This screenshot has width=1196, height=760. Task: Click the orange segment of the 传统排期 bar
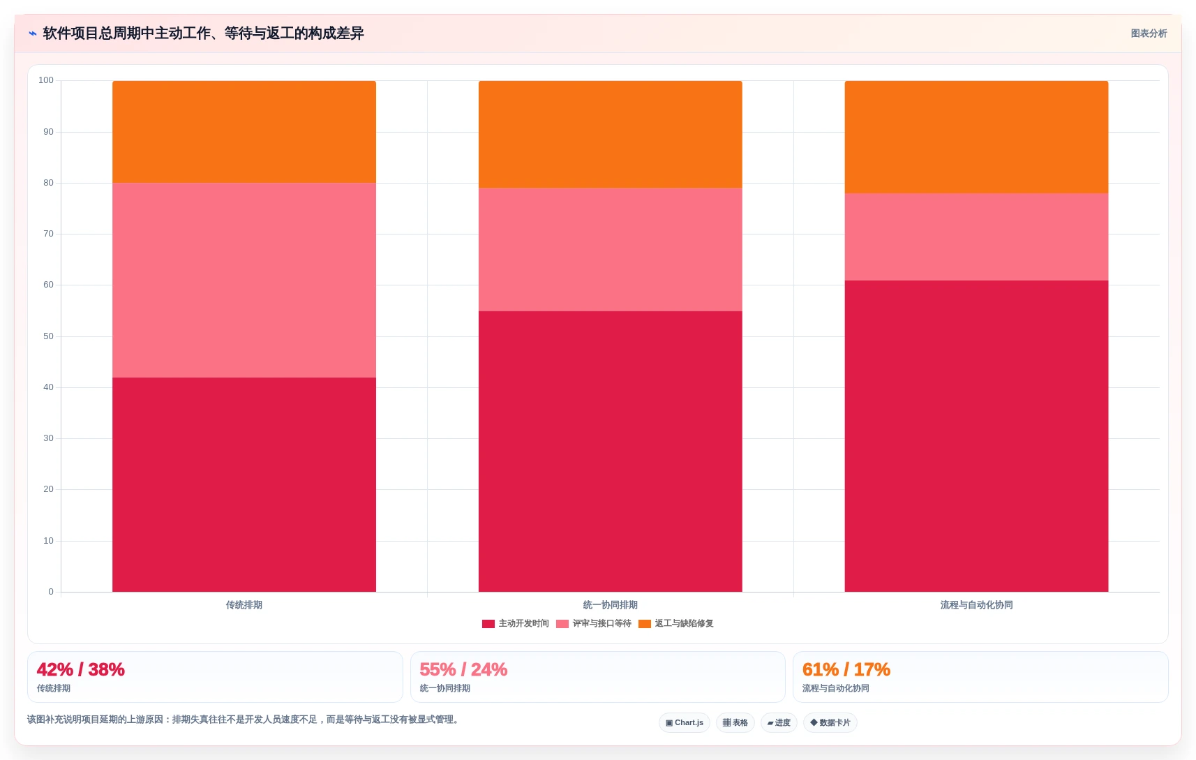coord(244,132)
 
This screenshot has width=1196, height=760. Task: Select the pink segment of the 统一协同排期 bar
coord(611,249)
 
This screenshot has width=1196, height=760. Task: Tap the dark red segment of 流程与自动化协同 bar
coord(977,435)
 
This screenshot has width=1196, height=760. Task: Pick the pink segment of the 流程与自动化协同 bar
coord(977,237)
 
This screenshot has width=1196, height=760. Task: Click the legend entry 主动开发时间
coord(515,623)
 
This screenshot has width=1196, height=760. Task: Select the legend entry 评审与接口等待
coord(594,623)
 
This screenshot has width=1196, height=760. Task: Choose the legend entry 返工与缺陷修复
coord(676,623)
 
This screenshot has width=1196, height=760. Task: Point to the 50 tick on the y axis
coord(49,336)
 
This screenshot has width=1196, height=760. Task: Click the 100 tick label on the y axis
coord(46,80)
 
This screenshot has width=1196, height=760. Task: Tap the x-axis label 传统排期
coord(244,605)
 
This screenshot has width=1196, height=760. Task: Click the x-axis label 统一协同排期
coord(611,605)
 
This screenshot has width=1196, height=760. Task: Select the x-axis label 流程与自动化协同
coord(977,605)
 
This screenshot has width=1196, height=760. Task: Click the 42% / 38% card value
coord(81,669)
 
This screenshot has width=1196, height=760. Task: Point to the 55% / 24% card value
coord(463,669)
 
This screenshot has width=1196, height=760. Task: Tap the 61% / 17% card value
coord(846,669)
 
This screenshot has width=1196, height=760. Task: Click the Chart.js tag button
coord(685,722)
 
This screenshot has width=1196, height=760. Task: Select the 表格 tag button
coord(735,722)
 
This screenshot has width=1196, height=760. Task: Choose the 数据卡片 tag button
coord(830,722)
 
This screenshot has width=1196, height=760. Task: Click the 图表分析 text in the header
coord(1149,33)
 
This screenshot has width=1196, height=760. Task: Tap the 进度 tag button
coord(779,722)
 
